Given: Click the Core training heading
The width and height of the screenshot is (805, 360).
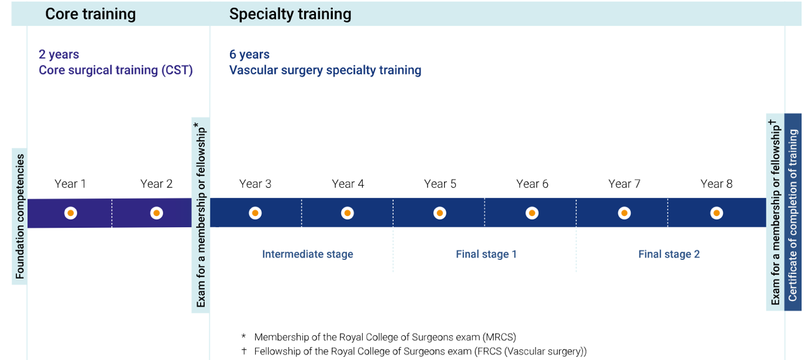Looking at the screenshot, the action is pyautogui.click(x=91, y=15).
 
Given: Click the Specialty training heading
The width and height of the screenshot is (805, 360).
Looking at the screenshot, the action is pyautogui.click(x=290, y=15).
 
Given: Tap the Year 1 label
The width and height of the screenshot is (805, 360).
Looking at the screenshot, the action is pyautogui.click(x=70, y=184).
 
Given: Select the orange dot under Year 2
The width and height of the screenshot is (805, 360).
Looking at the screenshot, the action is pyautogui.click(x=157, y=213).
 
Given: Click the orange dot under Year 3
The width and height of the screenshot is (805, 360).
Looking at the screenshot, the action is pyautogui.click(x=255, y=213).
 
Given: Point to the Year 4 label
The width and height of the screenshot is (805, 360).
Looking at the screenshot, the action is pyautogui.click(x=348, y=184).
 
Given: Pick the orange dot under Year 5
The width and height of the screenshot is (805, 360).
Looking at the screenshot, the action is pyautogui.click(x=440, y=213).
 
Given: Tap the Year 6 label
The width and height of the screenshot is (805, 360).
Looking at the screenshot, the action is pyautogui.click(x=532, y=184).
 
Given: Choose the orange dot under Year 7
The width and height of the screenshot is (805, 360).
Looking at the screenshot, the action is pyautogui.click(x=624, y=213).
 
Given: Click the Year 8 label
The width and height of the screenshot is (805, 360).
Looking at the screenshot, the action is pyautogui.click(x=716, y=184).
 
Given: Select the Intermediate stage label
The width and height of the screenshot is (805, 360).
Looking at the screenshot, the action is pyautogui.click(x=308, y=254).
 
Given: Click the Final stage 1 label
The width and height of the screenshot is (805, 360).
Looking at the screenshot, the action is pyautogui.click(x=486, y=254).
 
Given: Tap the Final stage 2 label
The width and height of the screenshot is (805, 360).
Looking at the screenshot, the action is pyautogui.click(x=669, y=254).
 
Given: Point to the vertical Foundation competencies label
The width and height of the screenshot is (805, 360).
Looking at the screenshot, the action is pyautogui.click(x=20, y=217).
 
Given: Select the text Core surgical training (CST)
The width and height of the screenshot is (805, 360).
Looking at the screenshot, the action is pyautogui.click(x=116, y=70).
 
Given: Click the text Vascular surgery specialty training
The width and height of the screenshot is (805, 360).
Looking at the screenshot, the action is pyautogui.click(x=325, y=70).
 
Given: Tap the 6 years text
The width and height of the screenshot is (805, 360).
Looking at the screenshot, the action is pyautogui.click(x=249, y=54).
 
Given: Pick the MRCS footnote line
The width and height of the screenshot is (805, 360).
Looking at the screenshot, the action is pyautogui.click(x=379, y=337).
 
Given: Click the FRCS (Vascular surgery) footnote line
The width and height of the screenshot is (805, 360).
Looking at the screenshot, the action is pyautogui.click(x=414, y=351).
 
